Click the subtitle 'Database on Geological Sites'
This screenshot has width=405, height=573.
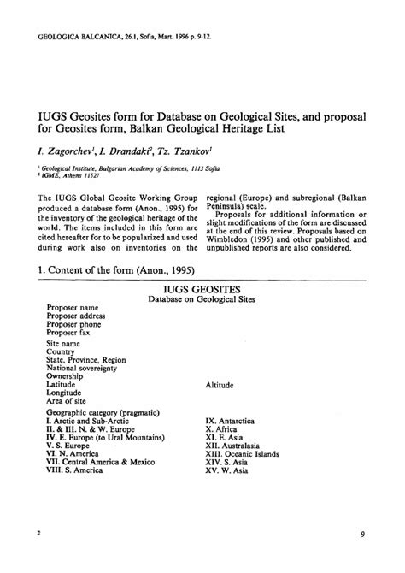pyautogui.click(x=202, y=300)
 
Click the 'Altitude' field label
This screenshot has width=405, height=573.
pyautogui.click(x=220, y=386)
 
